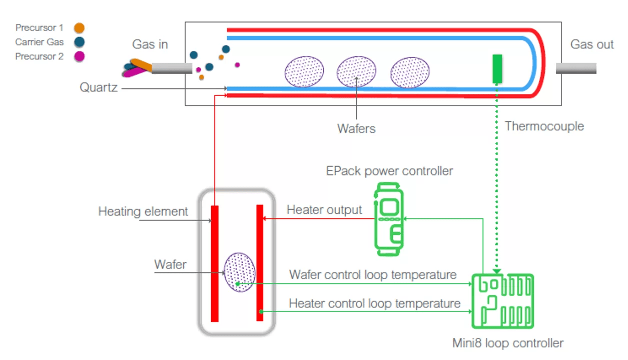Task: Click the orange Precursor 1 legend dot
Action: click(x=79, y=28)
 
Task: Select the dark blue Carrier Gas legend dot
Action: click(x=79, y=42)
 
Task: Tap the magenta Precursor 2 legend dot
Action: click(x=79, y=56)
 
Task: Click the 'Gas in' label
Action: click(x=150, y=44)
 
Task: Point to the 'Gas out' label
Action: click(x=592, y=44)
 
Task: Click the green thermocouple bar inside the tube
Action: click(x=497, y=68)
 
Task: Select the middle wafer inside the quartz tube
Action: click(x=356, y=71)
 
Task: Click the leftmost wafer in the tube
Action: click(x=304, y=71)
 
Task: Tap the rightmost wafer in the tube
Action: click(x=410, y=72)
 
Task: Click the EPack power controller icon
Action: click(x=389, y=219)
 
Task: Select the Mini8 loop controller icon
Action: click(x=502, y=301)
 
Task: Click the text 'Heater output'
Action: click(x=324, y=210)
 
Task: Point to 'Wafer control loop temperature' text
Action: click(x=373, y=274)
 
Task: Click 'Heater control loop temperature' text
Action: click(x=374, y=303)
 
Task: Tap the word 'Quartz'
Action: click(x=99, y=88)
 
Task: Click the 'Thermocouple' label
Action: click(x=544, y=126)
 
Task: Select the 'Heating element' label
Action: click(x=143, y=211)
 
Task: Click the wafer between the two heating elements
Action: click(x=240, y=272)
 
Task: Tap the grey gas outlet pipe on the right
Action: click(x=576, y=68)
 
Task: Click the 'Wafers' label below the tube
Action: click(x=356, y=128)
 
